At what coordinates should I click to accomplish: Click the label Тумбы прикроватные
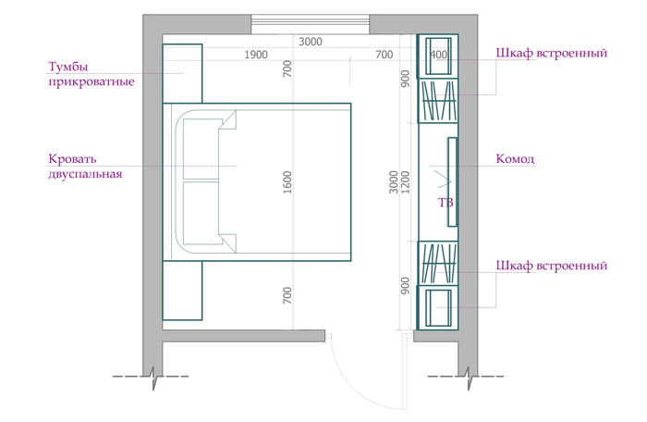point(92,74)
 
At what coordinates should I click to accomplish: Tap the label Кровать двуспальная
point(85,167)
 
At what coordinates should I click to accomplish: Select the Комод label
point(515,159)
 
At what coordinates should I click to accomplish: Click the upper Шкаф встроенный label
point(551,54)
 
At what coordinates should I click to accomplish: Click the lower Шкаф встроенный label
point(551,266)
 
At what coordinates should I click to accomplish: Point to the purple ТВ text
point(446,203)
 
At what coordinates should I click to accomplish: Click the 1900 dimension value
point(256,55)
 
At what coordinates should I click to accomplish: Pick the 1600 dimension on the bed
point(287,182)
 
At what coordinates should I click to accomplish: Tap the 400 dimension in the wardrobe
point(438,55)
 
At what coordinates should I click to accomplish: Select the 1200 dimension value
point(406,182)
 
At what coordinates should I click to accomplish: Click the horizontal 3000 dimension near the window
point(311,42)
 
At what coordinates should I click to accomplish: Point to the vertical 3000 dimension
point(394,182)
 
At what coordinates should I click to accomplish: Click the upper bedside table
point(182,73)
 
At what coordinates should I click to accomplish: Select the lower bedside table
point(182,291)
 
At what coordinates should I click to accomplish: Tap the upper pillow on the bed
point(201,150)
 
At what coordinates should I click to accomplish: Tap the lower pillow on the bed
point(201,213)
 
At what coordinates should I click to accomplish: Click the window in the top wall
point(311,25)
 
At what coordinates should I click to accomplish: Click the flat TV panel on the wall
point(453,182)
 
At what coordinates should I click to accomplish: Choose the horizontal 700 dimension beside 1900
point(385,55)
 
